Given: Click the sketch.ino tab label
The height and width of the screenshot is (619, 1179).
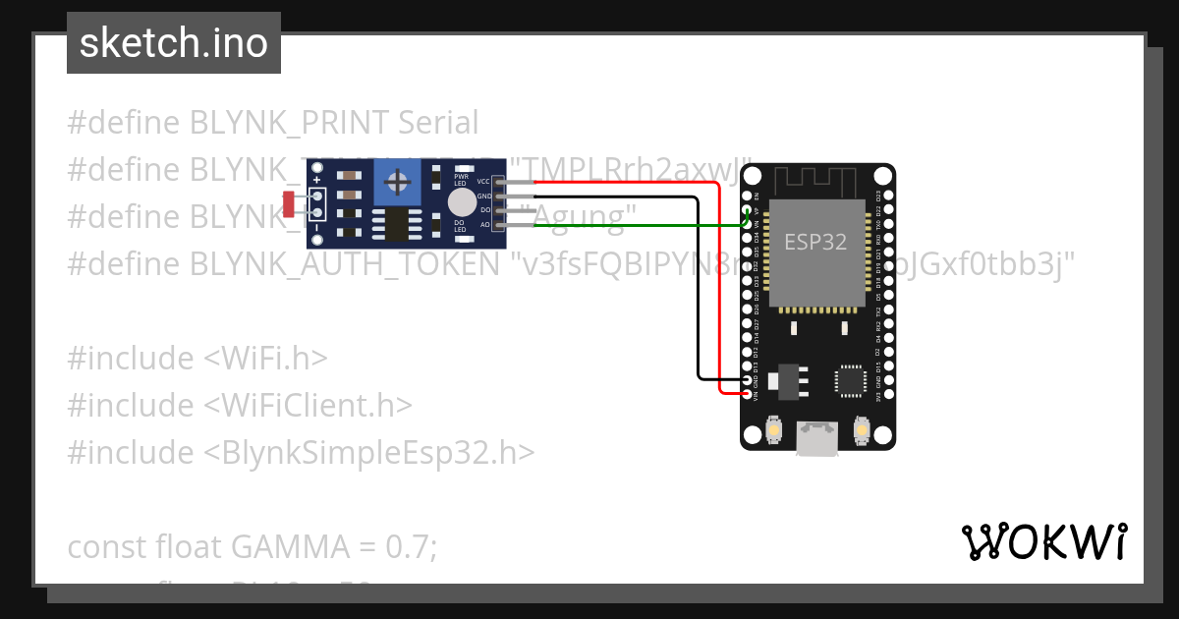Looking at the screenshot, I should click(174, 43).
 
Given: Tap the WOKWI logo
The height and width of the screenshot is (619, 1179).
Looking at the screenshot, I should click(1043, 541).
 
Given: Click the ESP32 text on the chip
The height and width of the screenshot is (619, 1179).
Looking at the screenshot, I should click(814, 242).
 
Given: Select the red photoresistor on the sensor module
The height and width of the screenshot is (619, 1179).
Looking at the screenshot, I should click(289, 204).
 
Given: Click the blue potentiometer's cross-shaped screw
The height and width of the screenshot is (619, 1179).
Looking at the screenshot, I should click(398, 182).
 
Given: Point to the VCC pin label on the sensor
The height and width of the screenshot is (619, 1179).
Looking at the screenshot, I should click(483, 182).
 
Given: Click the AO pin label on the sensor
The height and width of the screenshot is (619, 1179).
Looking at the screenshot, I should click(484, 225).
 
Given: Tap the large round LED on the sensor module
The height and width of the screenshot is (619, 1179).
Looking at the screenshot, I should click(461, 203).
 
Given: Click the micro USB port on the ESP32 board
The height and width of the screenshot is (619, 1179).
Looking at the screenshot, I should click(817, 438).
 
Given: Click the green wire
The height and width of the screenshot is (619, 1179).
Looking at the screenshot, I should click(639, 225).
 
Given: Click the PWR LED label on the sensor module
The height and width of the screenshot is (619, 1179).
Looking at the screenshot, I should click(460, 180).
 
